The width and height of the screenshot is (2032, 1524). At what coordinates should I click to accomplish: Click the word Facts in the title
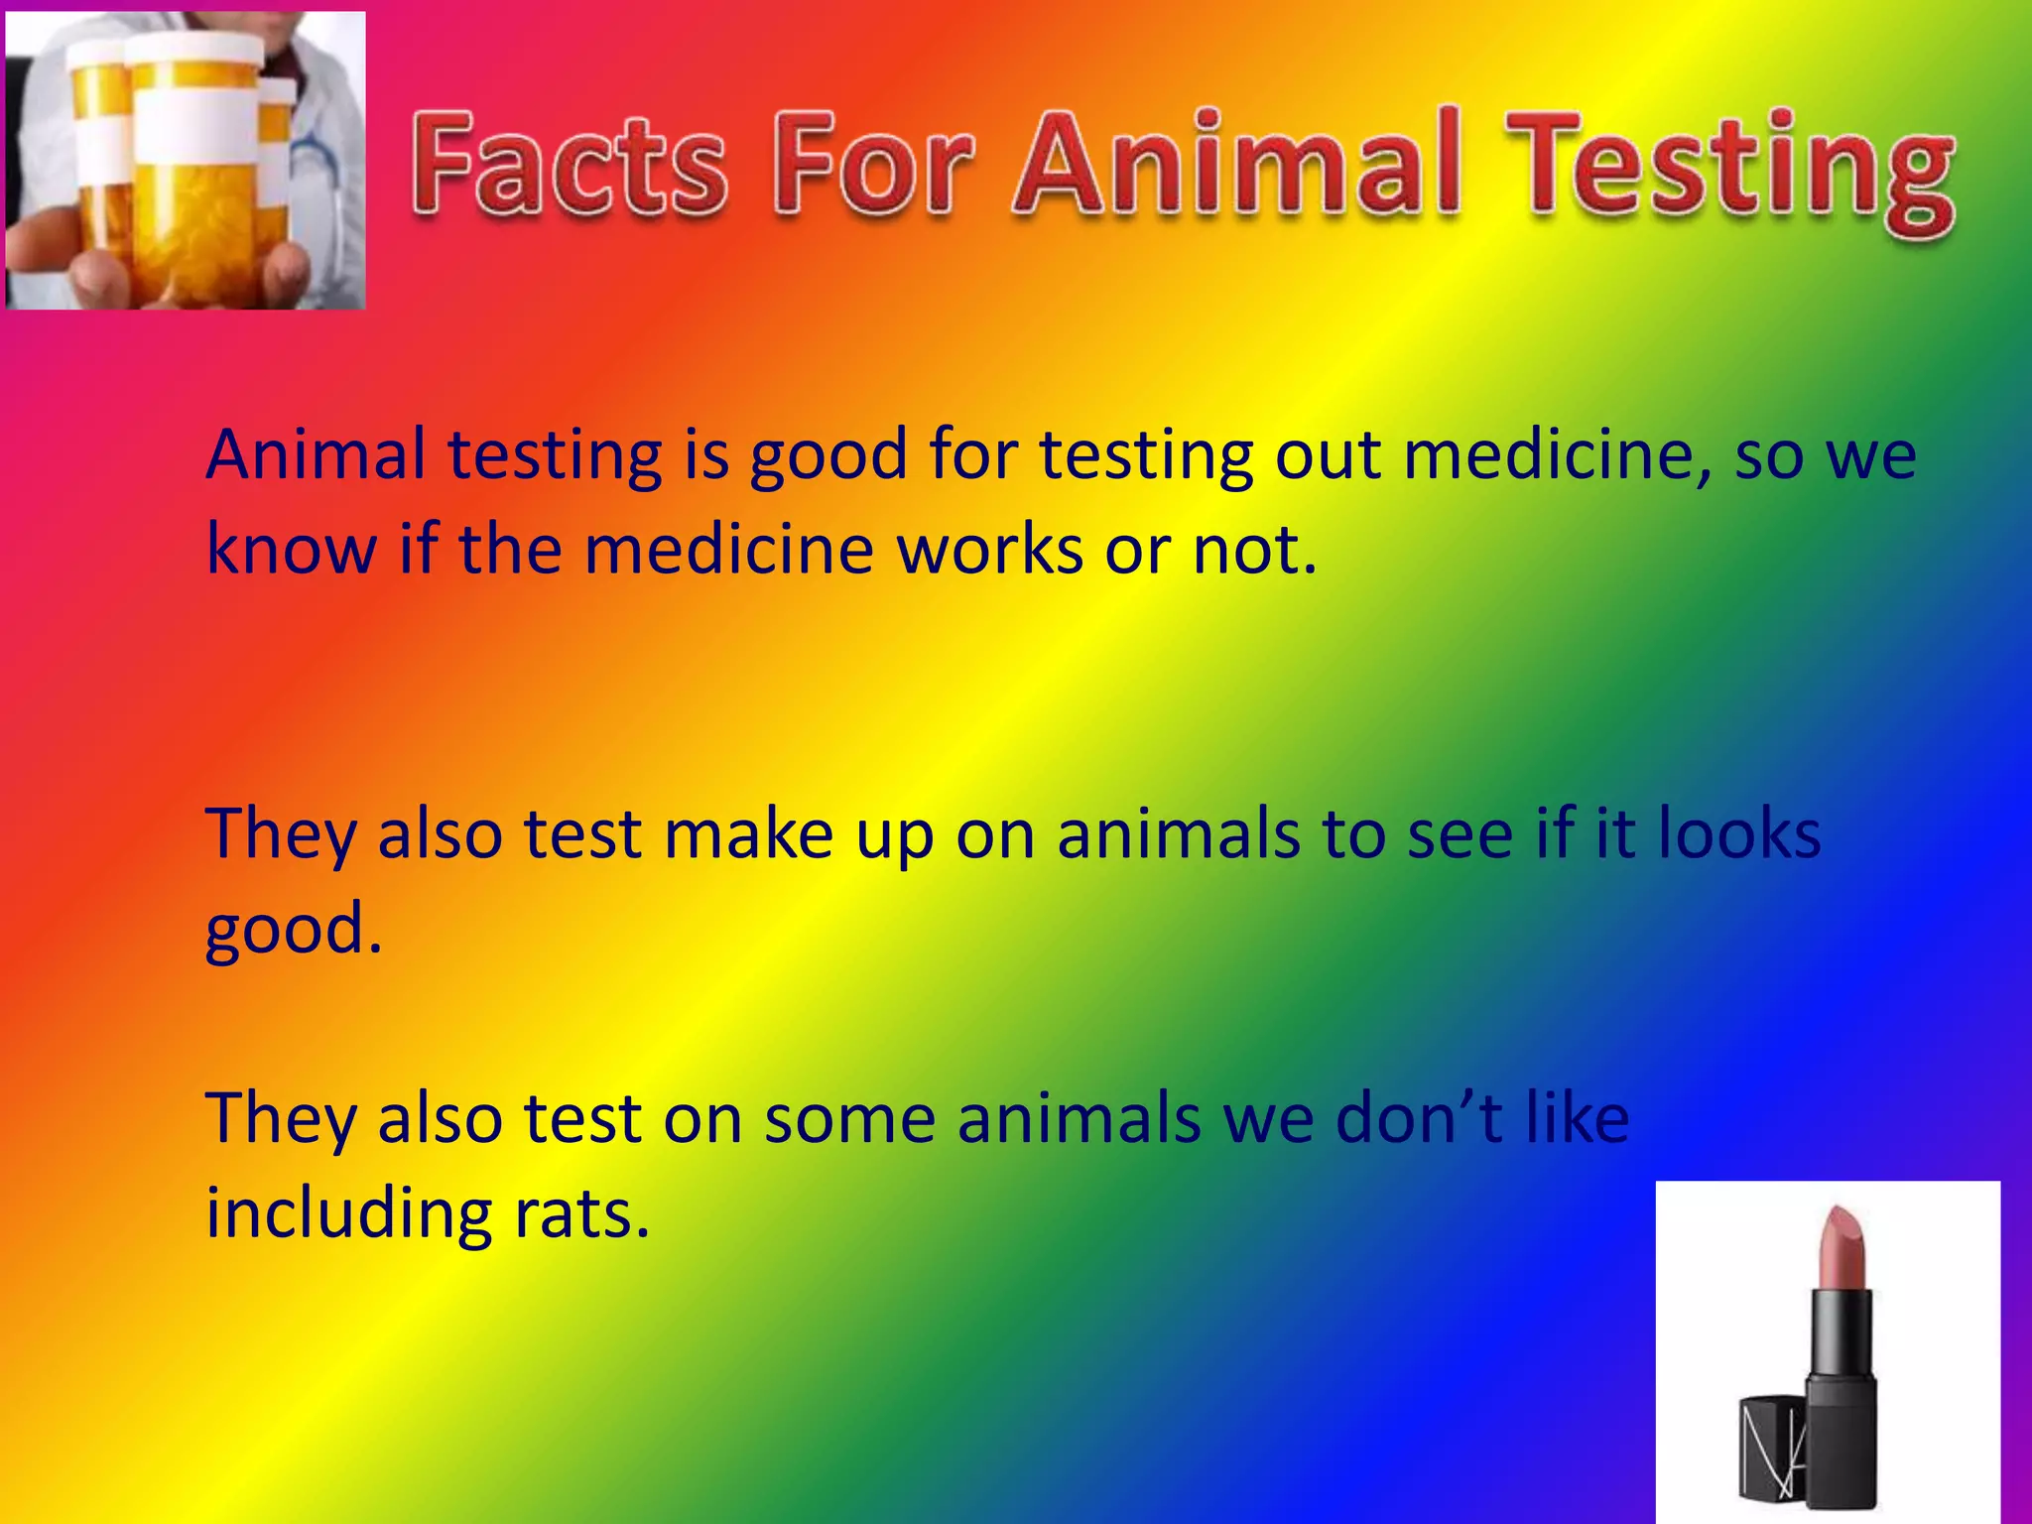pyautogui.click(x=569, y=166)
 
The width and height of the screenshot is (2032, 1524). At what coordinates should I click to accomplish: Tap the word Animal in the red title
pyautogui.click(x=1236, y=164)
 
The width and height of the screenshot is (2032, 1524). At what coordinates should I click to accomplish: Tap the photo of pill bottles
pyautogui.click(x=186, y=161)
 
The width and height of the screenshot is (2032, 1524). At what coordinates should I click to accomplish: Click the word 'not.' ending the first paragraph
pyautogui.click(x=1254, y=550)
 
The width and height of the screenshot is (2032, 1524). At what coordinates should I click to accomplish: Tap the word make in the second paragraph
pyautogui.click(x=748, y=834)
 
